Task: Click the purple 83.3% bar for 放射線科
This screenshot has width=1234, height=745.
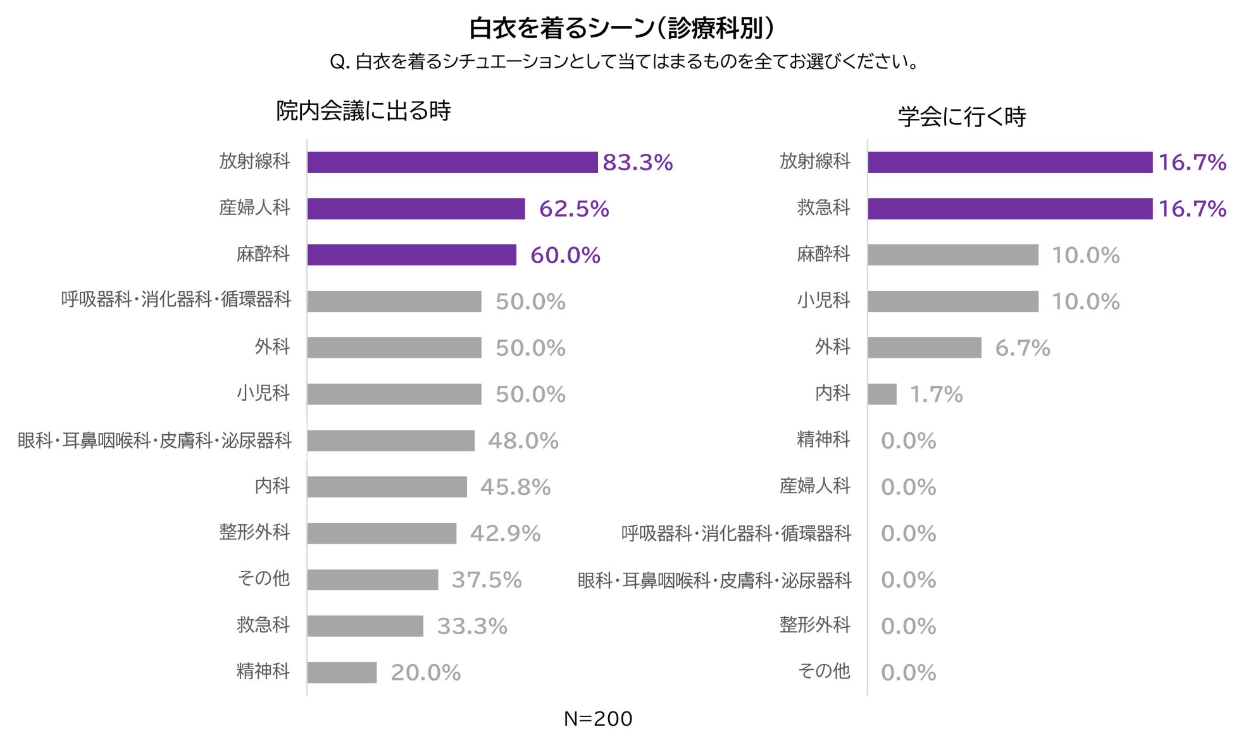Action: [x=452, y=162]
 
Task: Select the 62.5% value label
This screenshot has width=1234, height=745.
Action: [x=573, y=209]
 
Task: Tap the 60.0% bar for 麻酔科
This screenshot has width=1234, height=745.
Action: [x=411, y=255]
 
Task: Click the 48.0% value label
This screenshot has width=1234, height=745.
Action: [x=523, y=441]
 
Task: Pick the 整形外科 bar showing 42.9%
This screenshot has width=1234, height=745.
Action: [x=382, y=534]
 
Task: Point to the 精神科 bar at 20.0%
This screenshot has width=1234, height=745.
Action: [x=342, y=672]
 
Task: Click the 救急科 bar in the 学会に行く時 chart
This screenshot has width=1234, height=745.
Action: [x=1009, y=209]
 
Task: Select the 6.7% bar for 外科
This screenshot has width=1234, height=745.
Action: [x=924, y=348]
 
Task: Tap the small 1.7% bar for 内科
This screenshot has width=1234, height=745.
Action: [x=882, y=394]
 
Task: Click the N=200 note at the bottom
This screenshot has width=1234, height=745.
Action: [x=597, y=718]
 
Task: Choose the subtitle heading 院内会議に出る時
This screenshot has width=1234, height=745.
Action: [x=363, y=111]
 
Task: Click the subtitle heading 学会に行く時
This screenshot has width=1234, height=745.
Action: [x=961, y=117]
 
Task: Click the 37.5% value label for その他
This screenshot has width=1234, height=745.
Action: [x=486, y=580]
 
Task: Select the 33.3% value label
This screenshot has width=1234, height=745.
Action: [x=471, y=627]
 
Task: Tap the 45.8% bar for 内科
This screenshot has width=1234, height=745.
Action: [x=387, y=487]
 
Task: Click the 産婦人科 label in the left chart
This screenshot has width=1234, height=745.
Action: [x=254, y=208]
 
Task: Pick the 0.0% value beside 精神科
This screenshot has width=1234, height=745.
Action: [x=908, y=441]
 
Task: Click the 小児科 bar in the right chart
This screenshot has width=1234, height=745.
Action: [x=952, y=302]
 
